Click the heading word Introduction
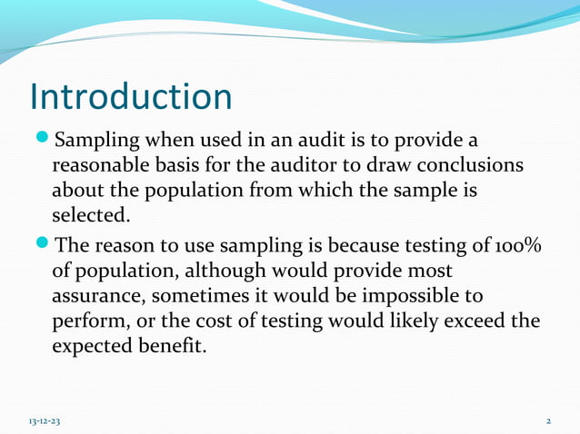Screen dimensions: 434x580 131,97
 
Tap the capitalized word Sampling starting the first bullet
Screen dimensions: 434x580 95,143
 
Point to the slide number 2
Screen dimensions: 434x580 549,422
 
